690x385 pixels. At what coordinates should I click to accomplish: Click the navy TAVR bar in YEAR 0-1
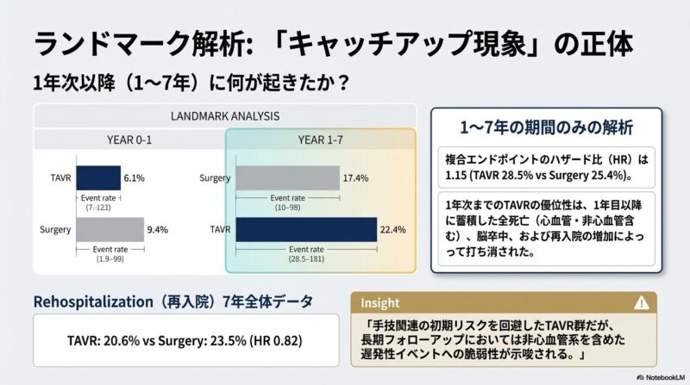pyautogui.click(x=97, y=177)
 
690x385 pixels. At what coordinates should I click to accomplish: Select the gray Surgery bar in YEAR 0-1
pyautogui.click(x=110, y=230)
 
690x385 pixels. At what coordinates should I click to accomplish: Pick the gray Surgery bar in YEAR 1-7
pyautogui.click(x=285, y=177)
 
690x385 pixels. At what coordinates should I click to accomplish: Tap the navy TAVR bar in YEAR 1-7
pyautogui.click(x=305, y=231)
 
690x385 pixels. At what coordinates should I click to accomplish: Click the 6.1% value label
pyautogui.click(x=135, y=177)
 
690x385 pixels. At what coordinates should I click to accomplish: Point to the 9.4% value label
pyautogui.click(x=157, y=230)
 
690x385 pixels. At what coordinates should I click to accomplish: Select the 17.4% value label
pyautogui.click(x=357, y=177)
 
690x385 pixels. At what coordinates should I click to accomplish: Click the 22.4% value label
pyautogui.click(x=392, y=231)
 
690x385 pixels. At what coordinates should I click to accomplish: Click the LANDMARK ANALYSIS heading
pyautogui.click(x=224, y=116)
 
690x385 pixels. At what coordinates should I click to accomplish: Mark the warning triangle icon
pyautogui.click(x=641, y=302)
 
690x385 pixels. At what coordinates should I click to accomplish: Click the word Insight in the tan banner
pyautogui.click(x=380, y=302)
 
